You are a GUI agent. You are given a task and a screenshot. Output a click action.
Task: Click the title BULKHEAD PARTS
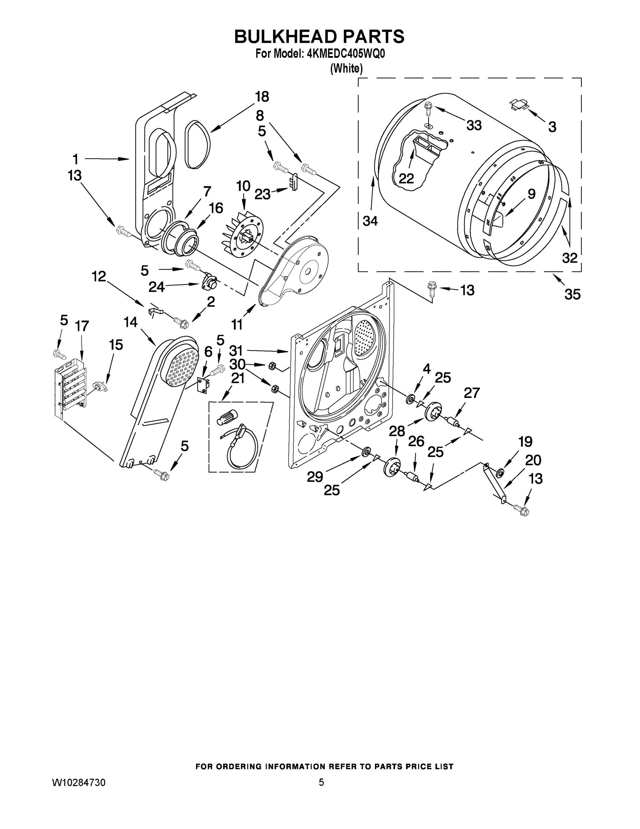(319, 37)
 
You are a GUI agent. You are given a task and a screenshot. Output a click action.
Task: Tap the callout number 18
(262, 97)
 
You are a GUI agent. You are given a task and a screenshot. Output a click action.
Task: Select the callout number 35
(572, 294)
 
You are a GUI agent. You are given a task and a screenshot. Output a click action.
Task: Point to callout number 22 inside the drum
(406, 178)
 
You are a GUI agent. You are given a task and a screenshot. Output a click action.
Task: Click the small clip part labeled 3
(519, 104)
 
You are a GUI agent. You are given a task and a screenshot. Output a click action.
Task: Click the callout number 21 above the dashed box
(237, 378)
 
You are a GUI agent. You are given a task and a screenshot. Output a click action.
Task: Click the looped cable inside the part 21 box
(243, 448)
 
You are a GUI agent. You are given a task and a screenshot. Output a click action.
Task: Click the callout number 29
(315, 477)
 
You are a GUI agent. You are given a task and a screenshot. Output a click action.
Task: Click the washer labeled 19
(500, 472)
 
